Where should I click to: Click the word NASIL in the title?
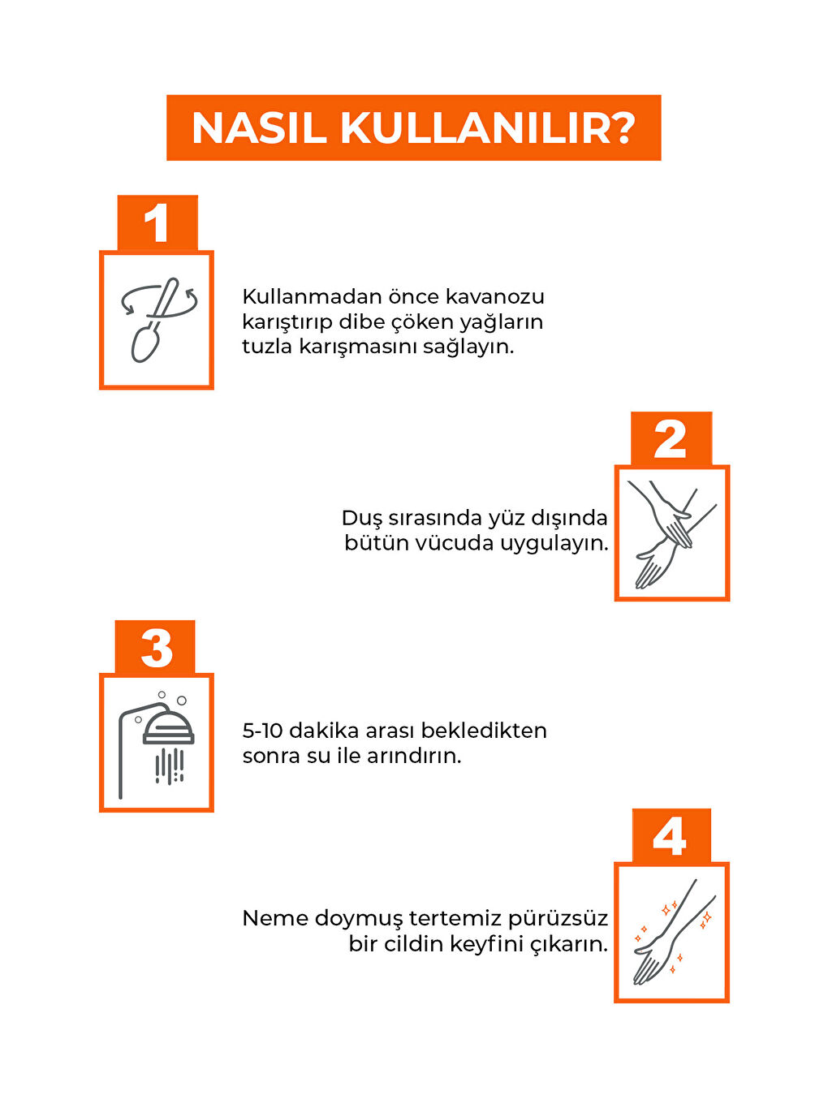coord(259,129)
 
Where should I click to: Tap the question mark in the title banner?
coord(623,128)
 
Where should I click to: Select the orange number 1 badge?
coord(157,222)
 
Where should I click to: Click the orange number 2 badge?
coord(671,438)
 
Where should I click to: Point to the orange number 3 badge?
coord(155,647)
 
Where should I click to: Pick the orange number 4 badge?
coord(671,836)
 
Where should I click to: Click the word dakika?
coord(324,731)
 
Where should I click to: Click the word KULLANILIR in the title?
coord(475,129)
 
